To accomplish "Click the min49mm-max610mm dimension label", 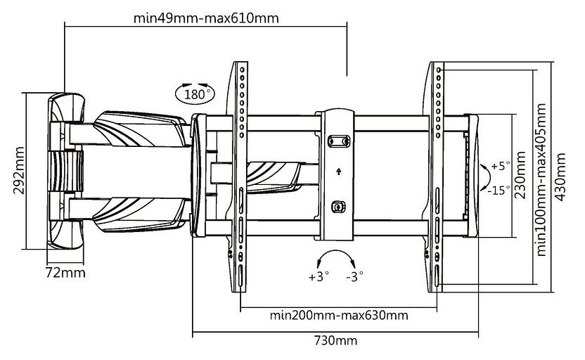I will coord(205,18).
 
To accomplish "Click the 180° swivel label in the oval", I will coord(195,94).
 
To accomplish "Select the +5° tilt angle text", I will coord(501,166).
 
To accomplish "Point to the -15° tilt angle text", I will coord(500,190).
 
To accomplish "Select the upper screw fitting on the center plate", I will coord(338,140).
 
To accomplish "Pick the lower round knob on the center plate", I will coord(338,207).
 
